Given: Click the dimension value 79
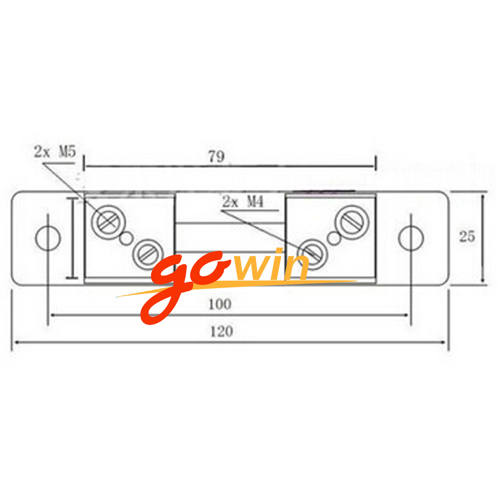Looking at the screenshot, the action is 216,157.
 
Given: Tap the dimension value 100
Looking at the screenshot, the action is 220,304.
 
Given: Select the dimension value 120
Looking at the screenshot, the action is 222,332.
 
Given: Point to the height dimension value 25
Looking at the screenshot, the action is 467,236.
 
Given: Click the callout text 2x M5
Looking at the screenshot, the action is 55,151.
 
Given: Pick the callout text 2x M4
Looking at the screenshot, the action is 243,201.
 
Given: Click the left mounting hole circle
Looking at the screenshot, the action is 48,238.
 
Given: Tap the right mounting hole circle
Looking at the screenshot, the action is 411,238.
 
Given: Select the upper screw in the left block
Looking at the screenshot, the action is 108,222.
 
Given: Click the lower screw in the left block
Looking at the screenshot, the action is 148,255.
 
